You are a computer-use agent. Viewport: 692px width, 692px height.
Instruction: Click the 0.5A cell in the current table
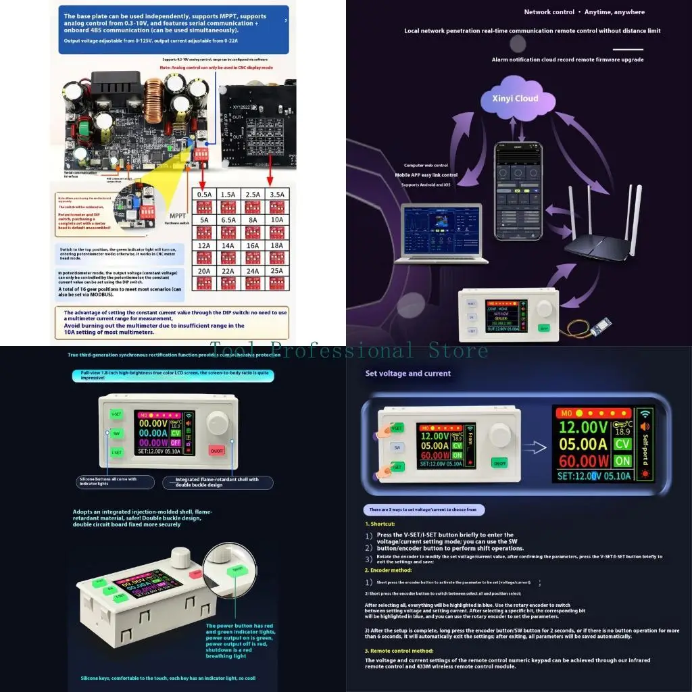(203, 194)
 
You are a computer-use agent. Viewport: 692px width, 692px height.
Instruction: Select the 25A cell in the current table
(277, 270)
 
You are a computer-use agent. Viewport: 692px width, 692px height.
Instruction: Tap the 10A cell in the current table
(277, 219)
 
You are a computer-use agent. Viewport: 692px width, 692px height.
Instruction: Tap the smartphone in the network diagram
(519, 190)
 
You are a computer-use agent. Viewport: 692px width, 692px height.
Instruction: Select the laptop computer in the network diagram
(444, 232)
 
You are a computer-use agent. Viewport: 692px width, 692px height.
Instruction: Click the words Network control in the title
(549, 12)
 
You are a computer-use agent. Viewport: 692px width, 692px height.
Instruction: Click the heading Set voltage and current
(407, 373)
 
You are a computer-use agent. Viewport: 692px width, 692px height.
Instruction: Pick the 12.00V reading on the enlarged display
(583, 427)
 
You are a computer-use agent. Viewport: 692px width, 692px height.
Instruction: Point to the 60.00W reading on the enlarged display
(583, 461)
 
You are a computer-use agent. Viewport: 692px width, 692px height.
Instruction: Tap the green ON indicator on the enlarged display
(622, 461)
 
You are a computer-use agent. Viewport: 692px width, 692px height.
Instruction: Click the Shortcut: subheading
(380, 524)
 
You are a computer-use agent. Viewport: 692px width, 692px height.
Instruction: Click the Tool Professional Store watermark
(348, 351)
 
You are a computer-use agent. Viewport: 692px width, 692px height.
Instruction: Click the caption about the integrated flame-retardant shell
(218, 483)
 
